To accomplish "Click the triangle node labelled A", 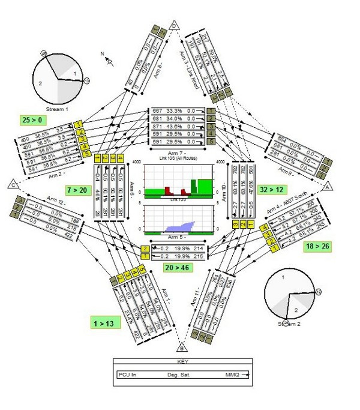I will click(328, 187).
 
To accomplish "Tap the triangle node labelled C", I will click(12, 184).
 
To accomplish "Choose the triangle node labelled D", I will click(174, 25).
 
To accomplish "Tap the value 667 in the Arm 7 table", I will click(158, 111).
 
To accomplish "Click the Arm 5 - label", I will click(178, 238).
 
